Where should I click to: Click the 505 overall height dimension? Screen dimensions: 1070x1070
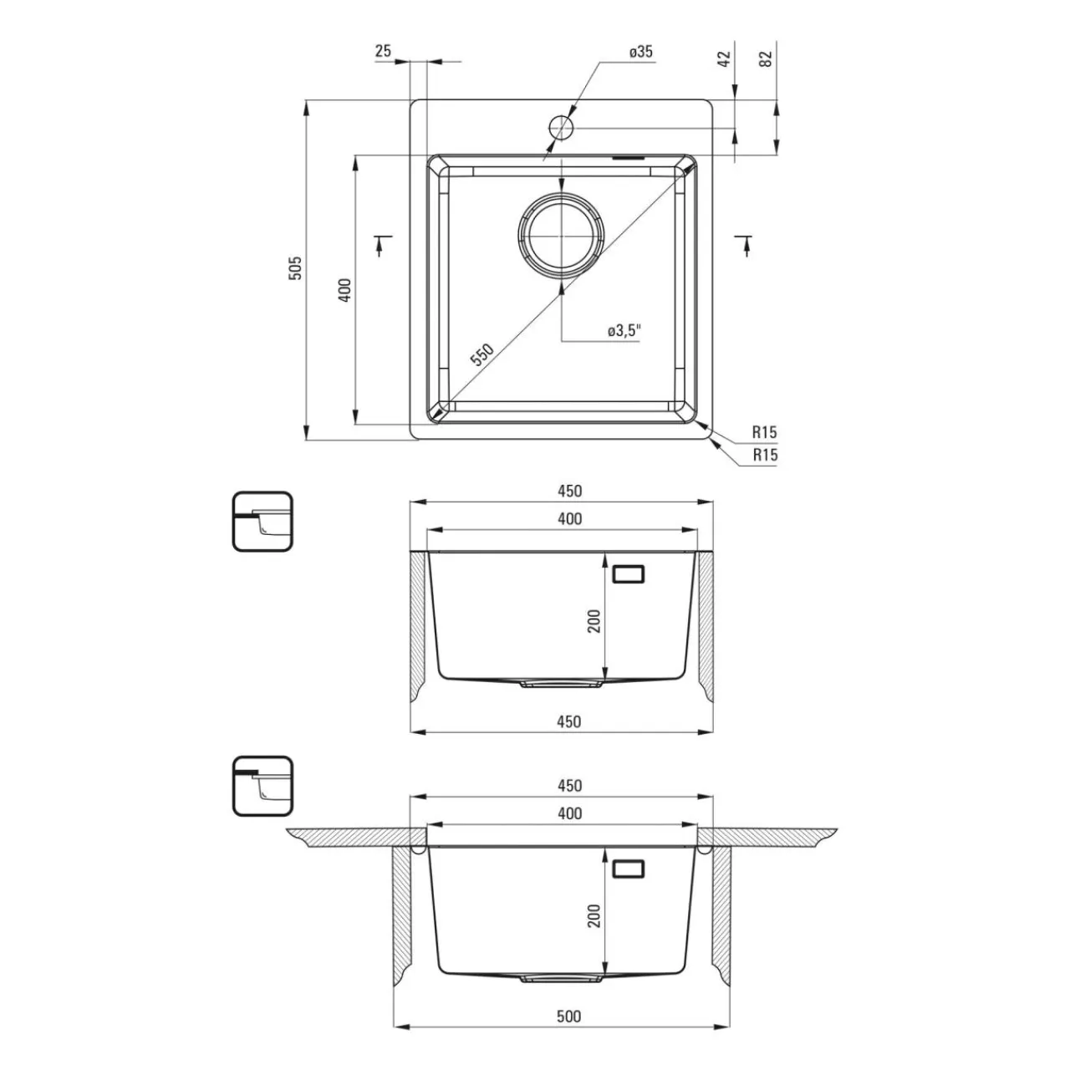pyautogui.click(x=296, y=267)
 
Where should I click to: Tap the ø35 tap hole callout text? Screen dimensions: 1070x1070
pyautogui.click(x=641, y=52)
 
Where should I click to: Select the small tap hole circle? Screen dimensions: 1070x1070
pyautogui.click(x=562, y=127)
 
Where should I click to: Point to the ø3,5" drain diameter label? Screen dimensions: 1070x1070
pyautogui.click(x=624, y=331)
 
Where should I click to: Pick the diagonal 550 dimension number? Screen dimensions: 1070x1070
pyautogui.click(x=482, y=354)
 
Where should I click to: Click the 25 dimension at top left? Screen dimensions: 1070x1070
pyautogui.click(x=383, y=51)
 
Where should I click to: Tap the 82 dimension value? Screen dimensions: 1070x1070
pyautogui.click(x=766, y=59)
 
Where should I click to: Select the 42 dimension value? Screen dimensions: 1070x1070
pyautogui.click(x=724, y=59)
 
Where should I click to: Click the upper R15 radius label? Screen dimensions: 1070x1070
pyautogui.click(x=765, y=431)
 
